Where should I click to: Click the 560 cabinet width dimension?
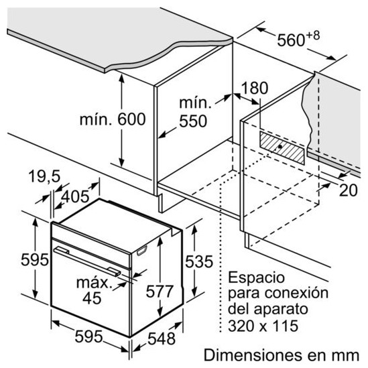(x=291, y=40)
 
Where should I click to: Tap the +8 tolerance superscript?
(x=313, y=36)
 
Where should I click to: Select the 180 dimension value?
(x=255, y=88)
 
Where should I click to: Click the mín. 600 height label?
(x=113, y=119)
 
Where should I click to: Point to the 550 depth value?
(x=193, y=121)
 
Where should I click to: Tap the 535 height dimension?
(x=199, y=261)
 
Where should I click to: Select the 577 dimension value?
(x=160, y=292)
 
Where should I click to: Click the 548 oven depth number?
(x=162, y=339)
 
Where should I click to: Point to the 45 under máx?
(x=92, y=298)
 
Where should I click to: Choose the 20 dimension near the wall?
(x=349, y=190)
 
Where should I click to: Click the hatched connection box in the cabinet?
(x=282, y=147)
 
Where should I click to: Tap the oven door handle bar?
(x=87, y=261)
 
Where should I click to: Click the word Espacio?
(x=256, y=278)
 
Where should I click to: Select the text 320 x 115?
(x=263, y=326)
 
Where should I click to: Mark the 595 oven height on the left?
(x=35, y=260)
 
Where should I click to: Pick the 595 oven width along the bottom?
(x=88, y=336)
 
